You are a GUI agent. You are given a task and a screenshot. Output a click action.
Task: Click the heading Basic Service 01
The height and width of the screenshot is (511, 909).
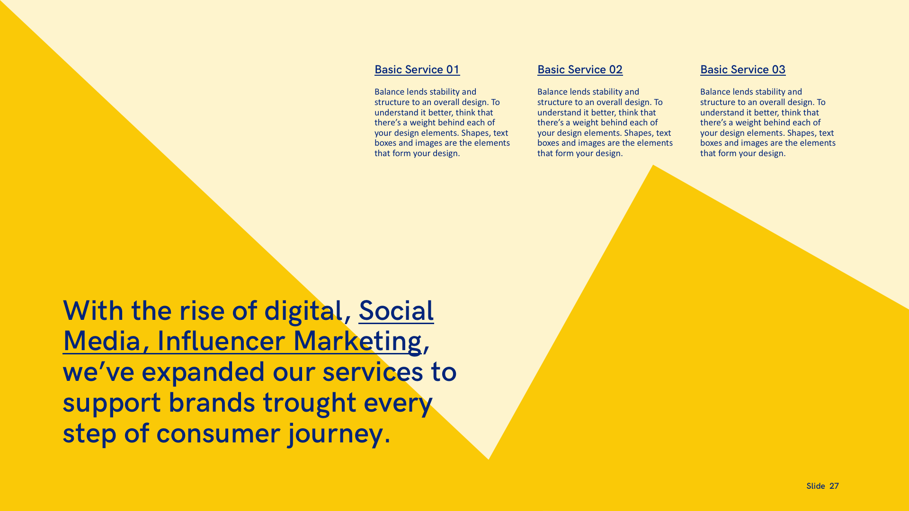[417, 70]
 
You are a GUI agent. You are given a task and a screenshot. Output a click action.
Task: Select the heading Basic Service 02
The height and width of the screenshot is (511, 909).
[580, 70]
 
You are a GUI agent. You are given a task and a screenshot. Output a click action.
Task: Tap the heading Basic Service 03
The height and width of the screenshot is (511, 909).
[743, 70]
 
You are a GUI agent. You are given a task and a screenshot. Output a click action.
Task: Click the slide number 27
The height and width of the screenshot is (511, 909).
[834, 486]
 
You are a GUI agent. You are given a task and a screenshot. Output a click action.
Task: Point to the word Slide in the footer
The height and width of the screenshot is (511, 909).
[816, 486]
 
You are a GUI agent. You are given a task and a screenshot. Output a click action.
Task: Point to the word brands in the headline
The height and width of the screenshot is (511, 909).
[212, 403]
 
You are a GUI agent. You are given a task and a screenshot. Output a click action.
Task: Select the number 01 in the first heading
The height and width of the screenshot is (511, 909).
[453, 70]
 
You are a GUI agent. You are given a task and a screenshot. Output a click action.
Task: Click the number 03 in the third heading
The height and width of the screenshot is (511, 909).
[779, 70]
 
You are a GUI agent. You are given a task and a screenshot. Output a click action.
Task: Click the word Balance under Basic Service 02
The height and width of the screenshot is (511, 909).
[553, 92]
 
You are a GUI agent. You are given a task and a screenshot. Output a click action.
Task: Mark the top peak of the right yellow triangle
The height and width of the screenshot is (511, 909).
[653, 165]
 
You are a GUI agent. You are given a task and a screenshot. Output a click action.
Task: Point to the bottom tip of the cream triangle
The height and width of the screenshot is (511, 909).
[489, 459]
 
